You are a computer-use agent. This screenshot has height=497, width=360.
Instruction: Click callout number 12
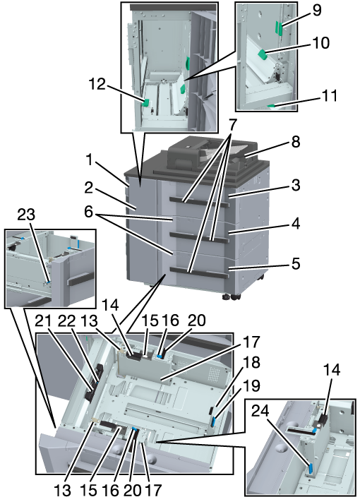(x=97, y=84)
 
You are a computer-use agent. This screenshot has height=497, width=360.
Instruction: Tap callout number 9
(x=316, y=10)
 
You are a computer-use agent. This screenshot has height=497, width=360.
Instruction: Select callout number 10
(x=321, y=42)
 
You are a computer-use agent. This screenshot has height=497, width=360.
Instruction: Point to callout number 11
(x=330, y=95)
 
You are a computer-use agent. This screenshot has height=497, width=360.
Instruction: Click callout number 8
(x=295, y=142)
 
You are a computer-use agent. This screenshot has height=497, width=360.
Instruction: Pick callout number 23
(x=26, y=215)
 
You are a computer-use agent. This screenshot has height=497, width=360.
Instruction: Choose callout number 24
(x=260, y=411)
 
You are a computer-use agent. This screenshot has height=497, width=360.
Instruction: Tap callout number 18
(x=251, y=362)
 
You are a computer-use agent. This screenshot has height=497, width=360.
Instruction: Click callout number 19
(x=251, y=385)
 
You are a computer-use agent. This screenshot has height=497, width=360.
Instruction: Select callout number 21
(x=44, y=321)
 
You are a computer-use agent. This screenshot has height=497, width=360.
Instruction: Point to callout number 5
(x=295, y=263)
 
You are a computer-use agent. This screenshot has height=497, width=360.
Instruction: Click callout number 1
(x=90, y=160)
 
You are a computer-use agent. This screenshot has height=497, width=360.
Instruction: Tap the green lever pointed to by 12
(x=146, y=102)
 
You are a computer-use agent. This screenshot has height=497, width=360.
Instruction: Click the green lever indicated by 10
(x=263, y=54)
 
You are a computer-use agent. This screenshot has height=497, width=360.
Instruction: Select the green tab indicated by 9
(x=279, y=28)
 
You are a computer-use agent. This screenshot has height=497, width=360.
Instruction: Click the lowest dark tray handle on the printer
(x=198, y=273)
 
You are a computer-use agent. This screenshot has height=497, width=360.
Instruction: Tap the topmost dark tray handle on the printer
(x=198, y=202)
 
